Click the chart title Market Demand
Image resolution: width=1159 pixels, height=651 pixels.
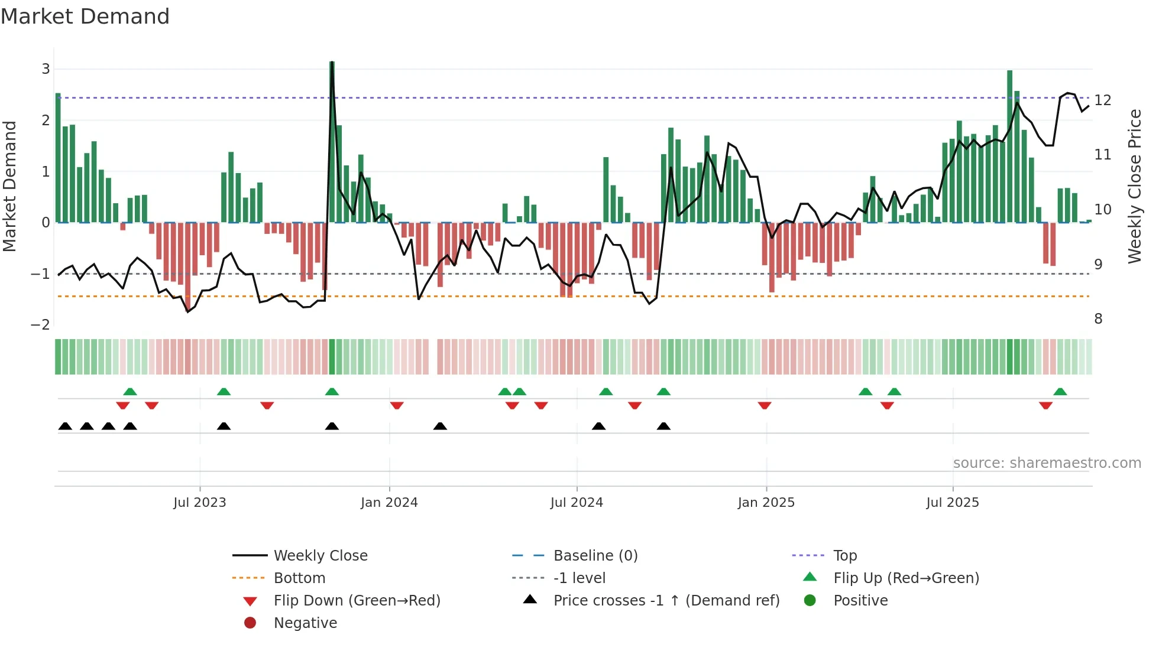click(x=85, y=17)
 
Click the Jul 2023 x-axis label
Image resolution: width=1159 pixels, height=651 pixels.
click(x=199, y=503)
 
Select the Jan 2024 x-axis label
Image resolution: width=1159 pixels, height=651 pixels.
click(x=389, y=503)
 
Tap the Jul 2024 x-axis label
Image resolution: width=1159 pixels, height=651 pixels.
click(x=577, y=503)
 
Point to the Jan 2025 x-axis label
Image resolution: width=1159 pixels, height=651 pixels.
click(x=766, y=503)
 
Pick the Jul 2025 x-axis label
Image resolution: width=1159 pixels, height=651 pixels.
click(x=953, y=503)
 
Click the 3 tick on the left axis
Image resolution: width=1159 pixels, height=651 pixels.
click(x=46, y=69)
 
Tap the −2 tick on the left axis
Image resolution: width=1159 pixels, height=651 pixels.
click(x=40, y=325)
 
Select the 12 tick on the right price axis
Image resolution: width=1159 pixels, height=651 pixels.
click(x=1103, y=100)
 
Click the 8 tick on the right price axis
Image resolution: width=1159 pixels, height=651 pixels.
click(x=1098, y=319)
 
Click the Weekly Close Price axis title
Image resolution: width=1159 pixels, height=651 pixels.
click(x=1135, y=186)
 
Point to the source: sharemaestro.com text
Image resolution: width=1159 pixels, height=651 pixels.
click(x=1047, y=463)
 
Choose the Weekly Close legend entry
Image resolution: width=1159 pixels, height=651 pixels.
click(x=320, y=556)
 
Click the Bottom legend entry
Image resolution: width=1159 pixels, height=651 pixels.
click(x=299, y=578)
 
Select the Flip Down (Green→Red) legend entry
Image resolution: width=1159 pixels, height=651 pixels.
click(x=357, y=601)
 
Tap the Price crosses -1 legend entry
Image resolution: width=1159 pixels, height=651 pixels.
click(x=666, y=601)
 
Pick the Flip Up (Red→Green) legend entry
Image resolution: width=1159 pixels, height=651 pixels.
click(x=906, y=578)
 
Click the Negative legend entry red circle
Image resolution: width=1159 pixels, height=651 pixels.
click(x=250, y=623)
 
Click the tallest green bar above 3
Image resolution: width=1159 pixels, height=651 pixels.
click(x=332, y=142)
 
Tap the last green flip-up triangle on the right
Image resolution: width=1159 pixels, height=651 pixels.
click(x=1060, y=392)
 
